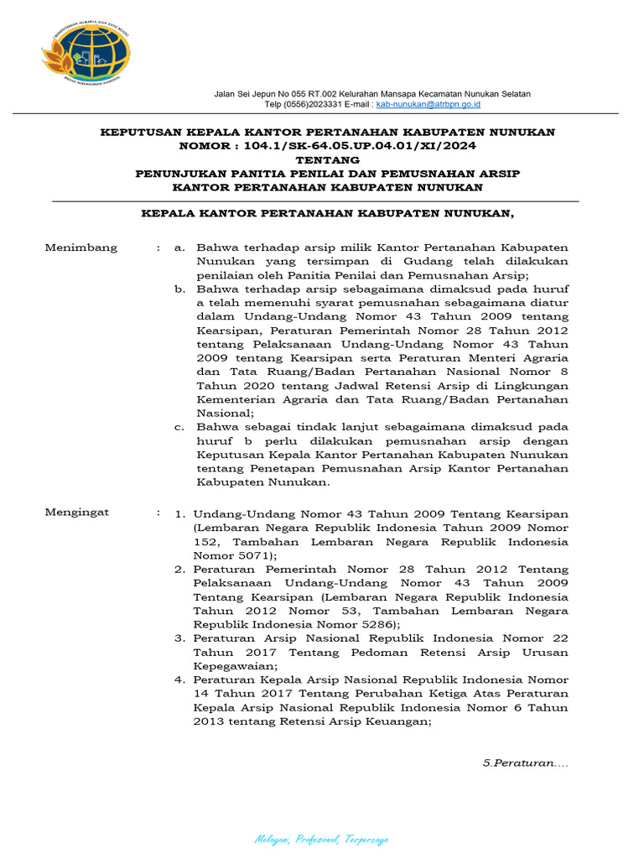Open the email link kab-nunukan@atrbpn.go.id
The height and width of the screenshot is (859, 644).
point(428,104)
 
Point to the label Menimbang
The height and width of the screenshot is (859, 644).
point(80,248)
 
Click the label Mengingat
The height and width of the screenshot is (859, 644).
point(77,512)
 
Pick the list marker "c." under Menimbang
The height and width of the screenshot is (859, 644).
point(179,427)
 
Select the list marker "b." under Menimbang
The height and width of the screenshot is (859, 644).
point(179,289)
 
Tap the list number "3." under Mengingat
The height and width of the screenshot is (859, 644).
point(179,638)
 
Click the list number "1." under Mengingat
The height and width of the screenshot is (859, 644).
point(179,514)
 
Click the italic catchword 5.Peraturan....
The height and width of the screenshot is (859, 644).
point(525,763)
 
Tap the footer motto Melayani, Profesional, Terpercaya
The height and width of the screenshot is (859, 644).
point(322,840)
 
